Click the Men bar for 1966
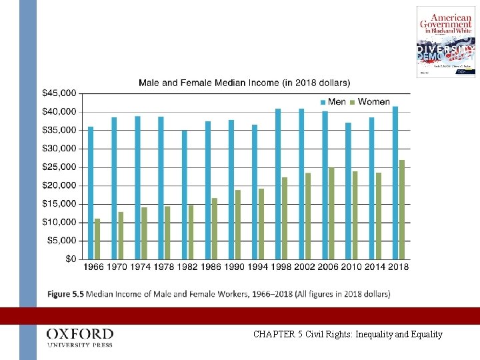tap(91, 193)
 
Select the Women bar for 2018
tap(402, 209)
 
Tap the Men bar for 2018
tap(395, 183)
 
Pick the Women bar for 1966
tap(97, 239)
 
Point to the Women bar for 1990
tap(238, 224)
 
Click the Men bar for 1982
tap(185, 195)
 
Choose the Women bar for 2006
tap(331, 213)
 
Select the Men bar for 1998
tap(278, 183)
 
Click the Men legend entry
tap(333, 102)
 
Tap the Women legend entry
tap(370, 102)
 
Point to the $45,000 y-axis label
tap(59, 93)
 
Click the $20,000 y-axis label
tap(59, 167)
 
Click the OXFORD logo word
tap(80, 333)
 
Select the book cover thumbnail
tap(445, 42)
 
